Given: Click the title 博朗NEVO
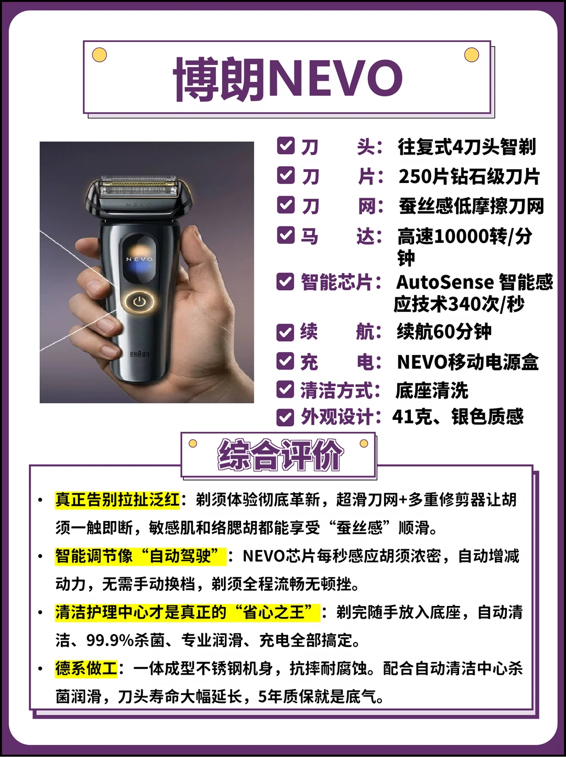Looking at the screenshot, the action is [288, 79].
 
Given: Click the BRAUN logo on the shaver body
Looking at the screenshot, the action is [139, 354].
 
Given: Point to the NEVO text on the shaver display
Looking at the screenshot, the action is [139, 259].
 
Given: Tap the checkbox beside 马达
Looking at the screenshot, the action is [286, 235].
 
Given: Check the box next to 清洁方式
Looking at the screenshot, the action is [285, 390].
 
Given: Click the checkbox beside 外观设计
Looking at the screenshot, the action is [285, 417].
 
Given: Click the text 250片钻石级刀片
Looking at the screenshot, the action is [469, 177].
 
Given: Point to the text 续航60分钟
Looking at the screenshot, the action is [444, 332].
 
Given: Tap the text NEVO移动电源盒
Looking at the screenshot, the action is [467, 362].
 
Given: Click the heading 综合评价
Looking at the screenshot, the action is [280, 455].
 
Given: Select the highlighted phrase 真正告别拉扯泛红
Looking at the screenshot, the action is [117, 500].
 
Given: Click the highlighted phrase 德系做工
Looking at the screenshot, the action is [86, 669].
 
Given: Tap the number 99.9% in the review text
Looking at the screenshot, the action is [110, 641].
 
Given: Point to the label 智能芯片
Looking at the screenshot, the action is [336, 282].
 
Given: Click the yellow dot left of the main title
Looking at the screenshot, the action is [100, 55].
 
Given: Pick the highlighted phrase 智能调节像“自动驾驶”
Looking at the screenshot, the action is [140, 556].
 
